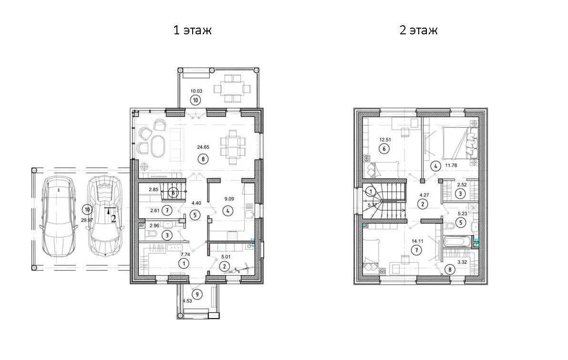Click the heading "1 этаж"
(x=192, y=30)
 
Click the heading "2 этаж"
(x=418, y=30)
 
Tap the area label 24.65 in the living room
(x=203, y=147)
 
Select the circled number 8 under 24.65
(x=203, y=159)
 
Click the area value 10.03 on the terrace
(x=196, y=91)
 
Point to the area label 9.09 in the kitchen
(x=229, y=198)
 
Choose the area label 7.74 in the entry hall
(x=185, y=254)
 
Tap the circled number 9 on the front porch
(x=197, y=295)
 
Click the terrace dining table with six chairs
(x=232, y=88)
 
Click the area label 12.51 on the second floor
(x=385, y=139)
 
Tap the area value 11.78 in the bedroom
(x=451, y=165)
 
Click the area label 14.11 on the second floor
(x=418, y=241)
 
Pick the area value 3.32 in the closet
(x=462, y=262)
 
